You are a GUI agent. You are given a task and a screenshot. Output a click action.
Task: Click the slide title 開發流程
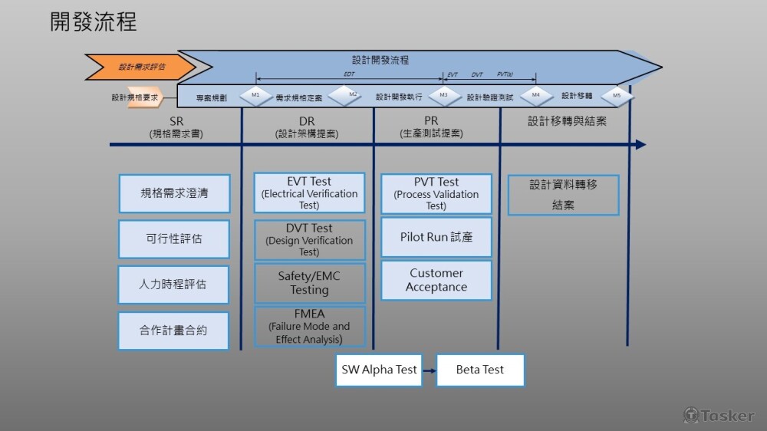click(x=94, y=21)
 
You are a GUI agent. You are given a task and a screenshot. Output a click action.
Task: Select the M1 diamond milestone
click(x=256, y=96)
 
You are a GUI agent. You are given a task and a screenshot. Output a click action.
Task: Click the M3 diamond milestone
click(x=443, y=96)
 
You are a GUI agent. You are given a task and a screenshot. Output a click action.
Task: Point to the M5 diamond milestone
click(x=617, y=96)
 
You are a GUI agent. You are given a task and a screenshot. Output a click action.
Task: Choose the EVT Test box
click(x=309, y=193)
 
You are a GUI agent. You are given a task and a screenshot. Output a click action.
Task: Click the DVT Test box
click(x=309, y=239)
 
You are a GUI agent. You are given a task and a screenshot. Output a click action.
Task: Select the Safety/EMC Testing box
click(x=309, y=283)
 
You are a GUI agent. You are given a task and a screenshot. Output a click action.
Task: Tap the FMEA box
click(x=309, y=327)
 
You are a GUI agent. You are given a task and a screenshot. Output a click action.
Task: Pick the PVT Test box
click(x=436, y=194)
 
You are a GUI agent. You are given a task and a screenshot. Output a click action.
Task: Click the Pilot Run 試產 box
click(x=436, y=237)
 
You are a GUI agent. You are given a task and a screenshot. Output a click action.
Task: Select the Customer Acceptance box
click(x=436, y=280)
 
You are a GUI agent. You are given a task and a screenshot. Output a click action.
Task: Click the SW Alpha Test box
click(x=379, y=370)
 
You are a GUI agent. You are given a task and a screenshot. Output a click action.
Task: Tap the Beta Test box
click(x=480, y=370)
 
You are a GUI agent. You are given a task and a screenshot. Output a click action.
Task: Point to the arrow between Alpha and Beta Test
click(x=429, y=370)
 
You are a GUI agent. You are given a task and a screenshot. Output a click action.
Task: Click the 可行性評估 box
click(x=174, y=239)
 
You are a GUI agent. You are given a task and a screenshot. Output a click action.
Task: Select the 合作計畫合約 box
click(x=173, y=331)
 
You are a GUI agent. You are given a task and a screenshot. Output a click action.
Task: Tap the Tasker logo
click(x=719, y=415)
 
